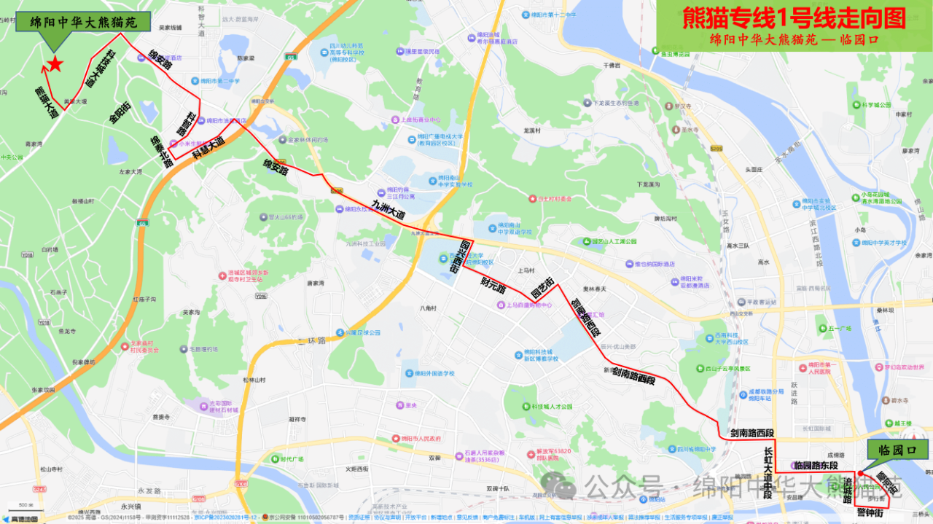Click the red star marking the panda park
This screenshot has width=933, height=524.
(55, 66)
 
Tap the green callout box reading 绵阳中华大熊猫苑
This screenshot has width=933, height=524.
(83, 22)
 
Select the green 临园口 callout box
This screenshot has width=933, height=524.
(897, 450)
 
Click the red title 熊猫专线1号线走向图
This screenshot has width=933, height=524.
(794, 17)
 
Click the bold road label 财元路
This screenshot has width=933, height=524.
(493, 284)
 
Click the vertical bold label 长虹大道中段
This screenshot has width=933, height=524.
(768, 473)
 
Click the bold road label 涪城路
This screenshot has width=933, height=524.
(848, 490)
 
